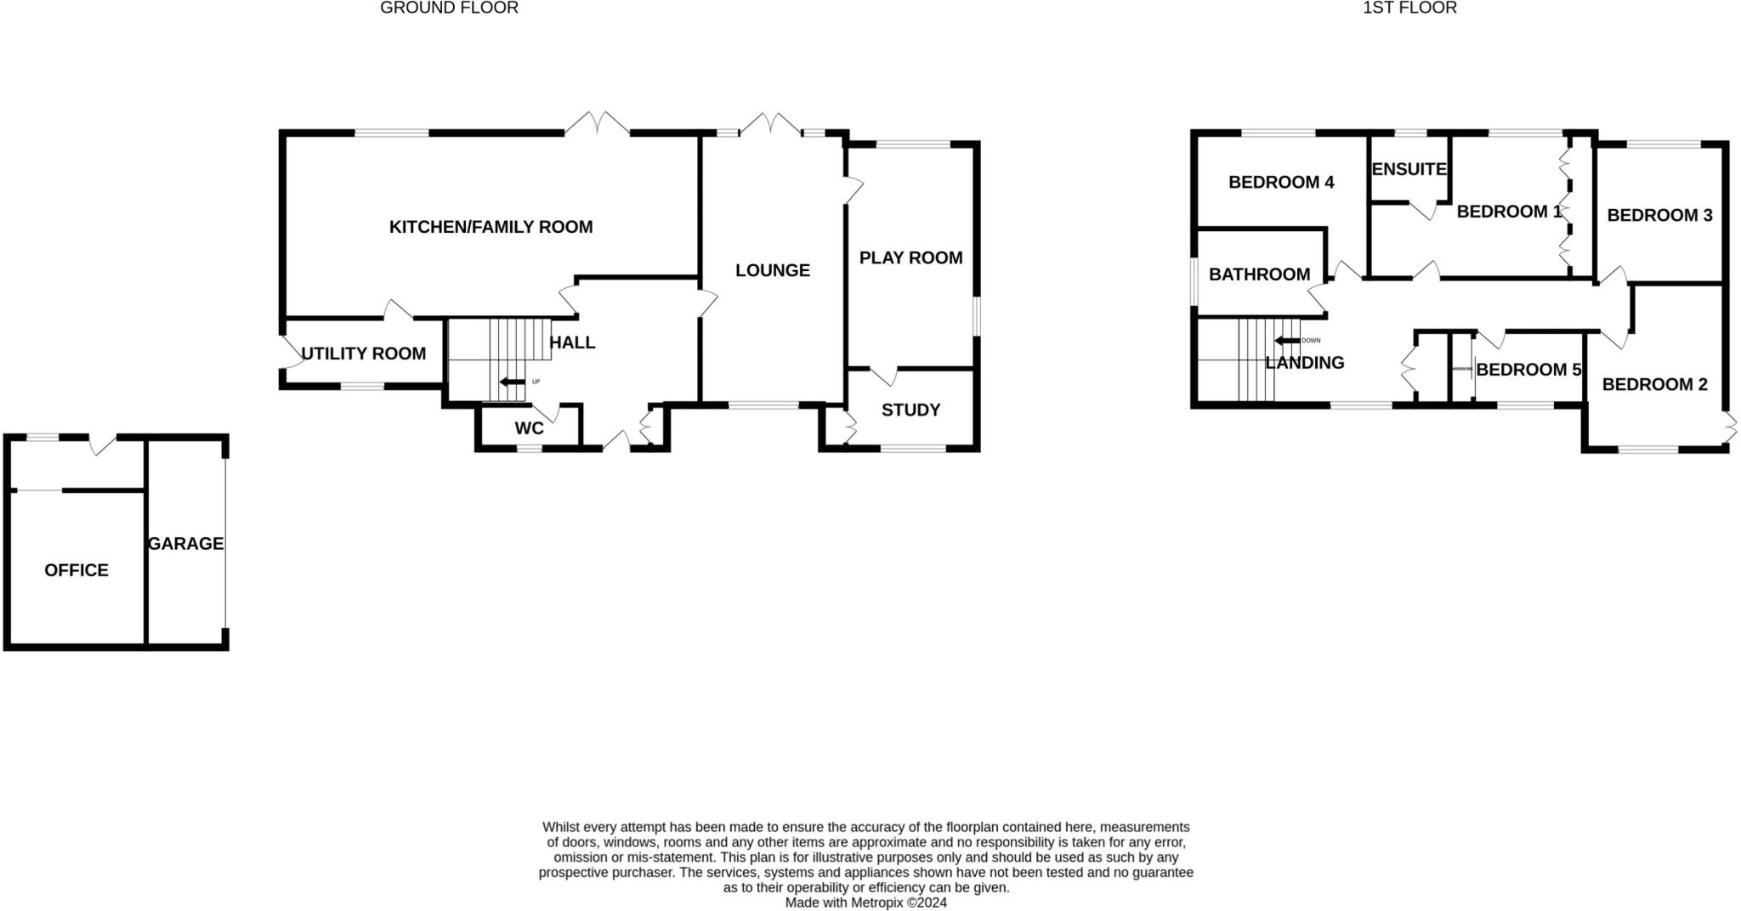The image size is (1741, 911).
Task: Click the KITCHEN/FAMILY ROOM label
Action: (x=491, y=227)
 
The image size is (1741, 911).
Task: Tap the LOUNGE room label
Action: (x=772, y=270)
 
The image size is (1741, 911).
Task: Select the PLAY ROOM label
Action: (x=910, y=257)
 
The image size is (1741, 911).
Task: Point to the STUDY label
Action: (x=910, y=410)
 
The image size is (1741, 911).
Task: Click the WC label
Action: (x=529, y=429)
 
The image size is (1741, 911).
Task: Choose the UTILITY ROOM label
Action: (x=363, y=354)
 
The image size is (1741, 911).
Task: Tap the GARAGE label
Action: (x=185, y=543)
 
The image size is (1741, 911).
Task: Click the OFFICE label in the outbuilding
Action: (x=77, y=570)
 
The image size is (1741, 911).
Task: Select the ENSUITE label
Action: (x=1409, y=169)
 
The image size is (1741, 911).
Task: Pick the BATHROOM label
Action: (x=1259, y=274)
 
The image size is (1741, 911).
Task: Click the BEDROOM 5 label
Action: (x=1528, y=370)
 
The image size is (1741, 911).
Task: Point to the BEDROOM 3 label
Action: (x=1659, y=215)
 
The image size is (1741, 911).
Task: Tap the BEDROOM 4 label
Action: (x=1281, y=182)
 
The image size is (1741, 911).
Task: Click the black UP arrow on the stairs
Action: (x=512, y=382)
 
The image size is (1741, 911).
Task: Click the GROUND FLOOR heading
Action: (x=449, y=8)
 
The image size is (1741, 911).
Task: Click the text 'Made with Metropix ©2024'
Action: (x=865, y=903)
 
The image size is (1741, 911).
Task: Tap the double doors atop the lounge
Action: (x=770, y=125)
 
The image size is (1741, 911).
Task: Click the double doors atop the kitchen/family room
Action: (x=598, y=125)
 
